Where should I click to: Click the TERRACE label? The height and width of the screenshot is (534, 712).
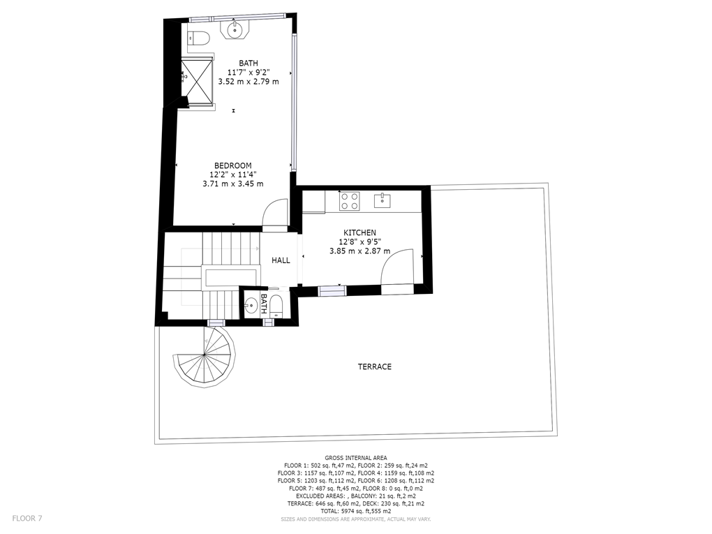click(x=375, y=366)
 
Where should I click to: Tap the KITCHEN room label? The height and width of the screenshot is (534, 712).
click(x=359, y=232)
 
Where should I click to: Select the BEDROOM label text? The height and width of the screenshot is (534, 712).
click(x=233, y=165)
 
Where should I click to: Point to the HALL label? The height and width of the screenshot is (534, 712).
click(x=281, y=260)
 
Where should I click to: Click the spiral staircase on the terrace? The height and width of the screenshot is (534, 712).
click(x=205, y=357)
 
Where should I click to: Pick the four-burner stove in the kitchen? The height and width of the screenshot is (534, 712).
click(x=350, y=201)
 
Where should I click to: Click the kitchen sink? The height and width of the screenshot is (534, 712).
click(x=383, y=200)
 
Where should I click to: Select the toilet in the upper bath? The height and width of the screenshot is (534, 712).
click(x=198, y=38)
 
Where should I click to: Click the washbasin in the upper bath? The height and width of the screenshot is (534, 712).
click(x=235, y=30)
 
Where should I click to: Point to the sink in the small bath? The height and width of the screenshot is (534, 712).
click(x=250, y=305)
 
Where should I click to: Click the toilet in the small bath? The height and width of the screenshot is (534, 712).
click(x=276, y=306)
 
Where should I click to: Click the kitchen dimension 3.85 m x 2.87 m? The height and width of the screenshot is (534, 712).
click(x=359, y=251)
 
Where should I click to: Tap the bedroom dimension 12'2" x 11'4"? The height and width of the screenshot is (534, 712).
click(x=233, y=175)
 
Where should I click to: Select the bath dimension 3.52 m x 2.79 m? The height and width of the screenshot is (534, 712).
click(x=249, y=82)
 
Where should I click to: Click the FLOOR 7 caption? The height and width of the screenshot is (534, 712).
click(x=27, y=518)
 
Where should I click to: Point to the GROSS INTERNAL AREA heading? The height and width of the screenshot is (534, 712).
click(x=356, y=458)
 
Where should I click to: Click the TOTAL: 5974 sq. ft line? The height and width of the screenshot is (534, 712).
click(x=356, y=511)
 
